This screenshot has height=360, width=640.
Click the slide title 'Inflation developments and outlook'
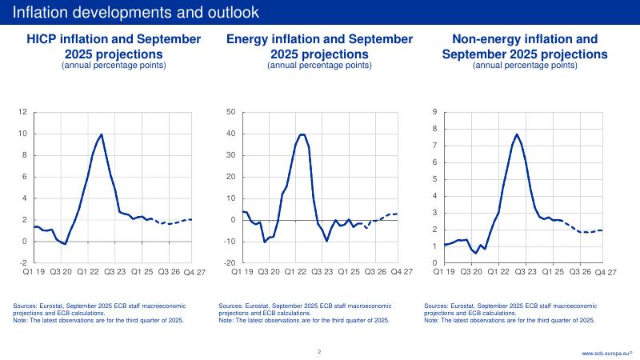click(x=136, y=12)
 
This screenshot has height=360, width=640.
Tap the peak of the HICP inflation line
click(x=102, y=134)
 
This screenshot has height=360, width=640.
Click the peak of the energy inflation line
click(x=302, y=134)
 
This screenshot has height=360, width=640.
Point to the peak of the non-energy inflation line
click(x=517, y=134)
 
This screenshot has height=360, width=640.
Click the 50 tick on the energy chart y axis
click(x=230, y=113)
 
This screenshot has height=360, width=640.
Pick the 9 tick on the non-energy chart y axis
click(x=434, y=113)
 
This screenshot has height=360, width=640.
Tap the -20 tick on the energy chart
click(x=228, y=263)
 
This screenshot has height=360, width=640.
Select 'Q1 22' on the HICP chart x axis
click(x=89, y=272)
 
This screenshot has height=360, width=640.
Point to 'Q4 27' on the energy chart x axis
click(x=402, y=273)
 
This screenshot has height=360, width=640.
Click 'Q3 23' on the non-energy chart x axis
click(x=526, y=272)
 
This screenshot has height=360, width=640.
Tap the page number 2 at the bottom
click(x=319, y=351)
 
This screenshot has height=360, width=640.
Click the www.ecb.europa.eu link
click(x=606, y=352)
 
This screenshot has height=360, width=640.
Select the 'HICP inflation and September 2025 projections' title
click(x=114, y=46)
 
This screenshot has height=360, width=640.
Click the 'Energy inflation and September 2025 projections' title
click(x=319, y=46)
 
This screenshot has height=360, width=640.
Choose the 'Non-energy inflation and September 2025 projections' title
click(x=525, y=46)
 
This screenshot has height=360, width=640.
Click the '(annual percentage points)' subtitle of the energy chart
click(x=319, y=66)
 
